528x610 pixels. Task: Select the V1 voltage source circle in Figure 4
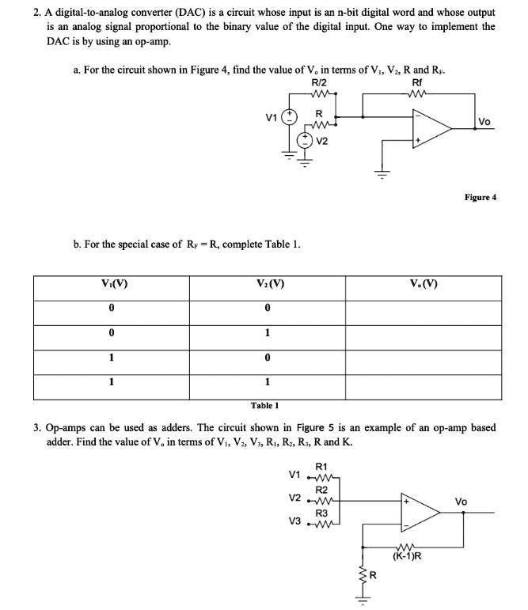(x=291, y=117)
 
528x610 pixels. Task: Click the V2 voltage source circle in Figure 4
(x=306, y=142)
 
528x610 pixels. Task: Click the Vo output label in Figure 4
(x=484, y=121)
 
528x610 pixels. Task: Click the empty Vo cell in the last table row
(x=425, y=383)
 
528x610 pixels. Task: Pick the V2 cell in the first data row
(x=270, y=307)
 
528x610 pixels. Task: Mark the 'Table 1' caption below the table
(x=264, y=404)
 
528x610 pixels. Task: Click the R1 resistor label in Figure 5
(x=321, y=465)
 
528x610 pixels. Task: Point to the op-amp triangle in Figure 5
(x=420, y=513)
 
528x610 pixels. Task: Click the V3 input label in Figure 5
(x=294, y=523)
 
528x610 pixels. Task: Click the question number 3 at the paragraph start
(x=38, y=428)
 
